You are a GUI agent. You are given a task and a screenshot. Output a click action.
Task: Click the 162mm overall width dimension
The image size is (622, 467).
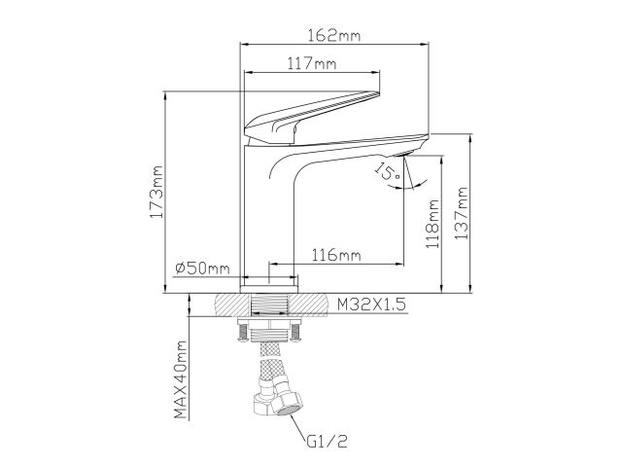pyautogui.click(x=335, y=36)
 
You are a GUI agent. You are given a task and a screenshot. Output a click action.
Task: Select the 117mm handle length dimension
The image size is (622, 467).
pyautogui.click(x=312, y=64)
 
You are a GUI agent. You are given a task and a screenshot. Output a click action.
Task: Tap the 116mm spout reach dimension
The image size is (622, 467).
pyautogui.click(x=335, y=255)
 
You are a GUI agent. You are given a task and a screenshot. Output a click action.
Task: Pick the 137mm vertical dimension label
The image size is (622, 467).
pyautogui.click(x=463, y=216)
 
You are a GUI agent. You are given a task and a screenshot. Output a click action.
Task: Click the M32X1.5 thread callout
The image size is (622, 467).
pyautogui.click(x=370, y=305)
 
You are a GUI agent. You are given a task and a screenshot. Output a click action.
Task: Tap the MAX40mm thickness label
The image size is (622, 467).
pyautogui.click(x=180, y=380)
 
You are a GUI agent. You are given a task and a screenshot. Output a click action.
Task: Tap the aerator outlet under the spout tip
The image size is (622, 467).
pyautogui.click(x=406, y=154)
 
